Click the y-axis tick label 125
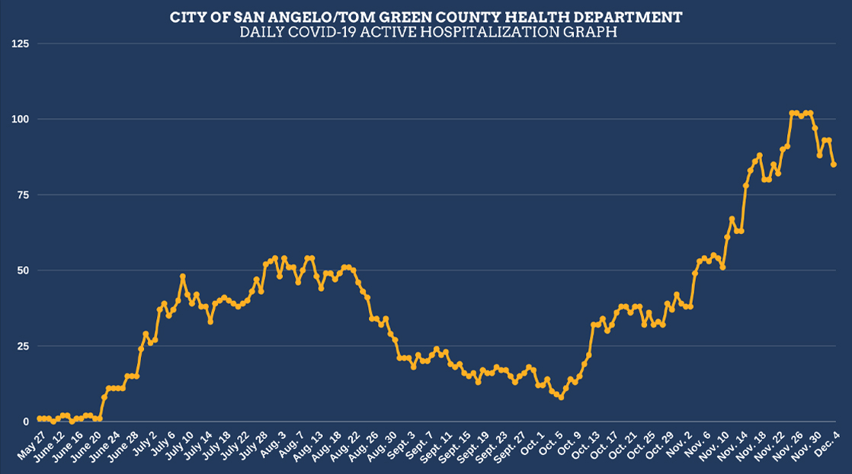pyautogui.click(x=19, y=43)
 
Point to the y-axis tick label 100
pyautogui.click(x=19, y=120)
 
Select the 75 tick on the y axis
pyautogui.click(x=21, y=195)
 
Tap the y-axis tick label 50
pyautogui.click(x=21, y=271)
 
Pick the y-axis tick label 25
pyautogui.click(x=21, y=346)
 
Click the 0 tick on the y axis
pyautogui.click(x=24, y=421)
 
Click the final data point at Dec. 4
pyautogui.click(x=834, y=165)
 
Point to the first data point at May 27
pyautogui.click(x=39, y=418)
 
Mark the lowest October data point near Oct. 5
pyautogui.click(x=561, y=397)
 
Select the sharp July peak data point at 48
pyautogui.click(x=183, y=276)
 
